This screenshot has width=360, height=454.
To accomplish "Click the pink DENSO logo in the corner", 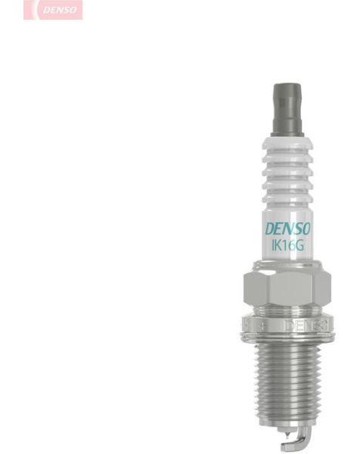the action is [53, 10].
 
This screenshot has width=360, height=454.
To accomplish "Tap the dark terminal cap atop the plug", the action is [287, 110].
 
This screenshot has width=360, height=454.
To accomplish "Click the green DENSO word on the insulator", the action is [288, 229].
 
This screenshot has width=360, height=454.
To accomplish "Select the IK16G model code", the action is [287, 246].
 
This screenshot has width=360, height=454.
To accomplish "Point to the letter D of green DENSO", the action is [270, 229].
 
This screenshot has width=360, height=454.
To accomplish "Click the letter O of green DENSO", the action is [306, 229].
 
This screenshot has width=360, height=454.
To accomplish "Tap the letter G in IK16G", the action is [299, 246].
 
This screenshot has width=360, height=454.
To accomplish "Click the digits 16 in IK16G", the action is [288, 246].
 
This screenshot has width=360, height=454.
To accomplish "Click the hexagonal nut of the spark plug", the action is [287, 288].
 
